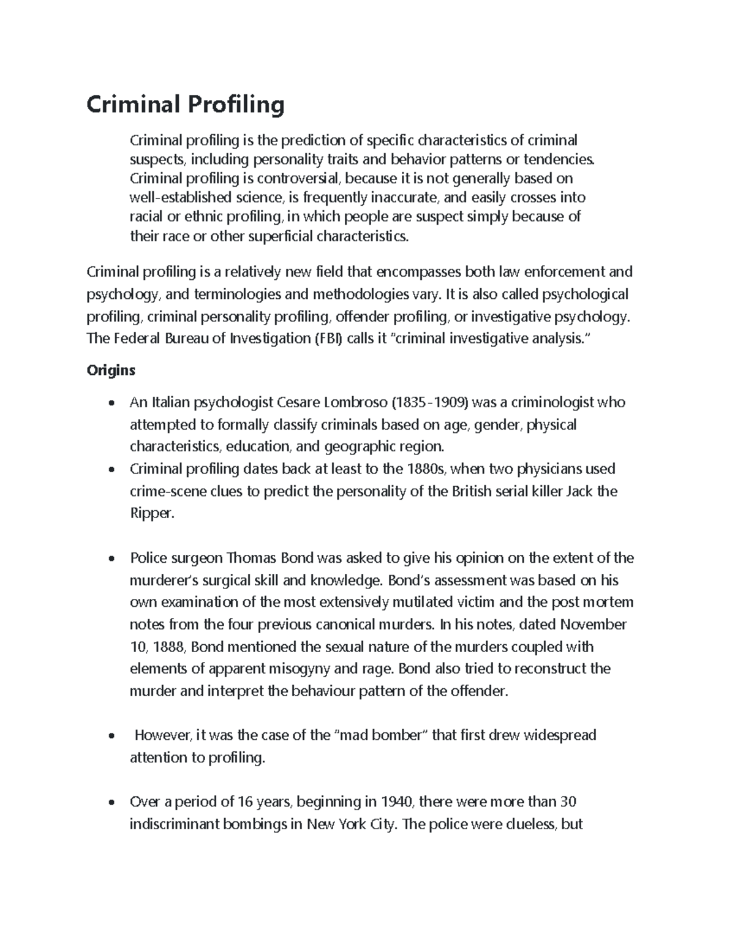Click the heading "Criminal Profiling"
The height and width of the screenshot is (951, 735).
(186, 105)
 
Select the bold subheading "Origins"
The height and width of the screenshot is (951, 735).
(111, 370)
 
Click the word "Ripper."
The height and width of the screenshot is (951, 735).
(153, 513)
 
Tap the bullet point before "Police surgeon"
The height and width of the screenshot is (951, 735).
(110, 558)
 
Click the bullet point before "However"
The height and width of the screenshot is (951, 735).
(110, 736)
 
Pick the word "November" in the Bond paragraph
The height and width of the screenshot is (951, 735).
(594, 625)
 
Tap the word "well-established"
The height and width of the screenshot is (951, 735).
(173, 198)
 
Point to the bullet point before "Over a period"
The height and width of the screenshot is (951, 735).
(110, 803)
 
